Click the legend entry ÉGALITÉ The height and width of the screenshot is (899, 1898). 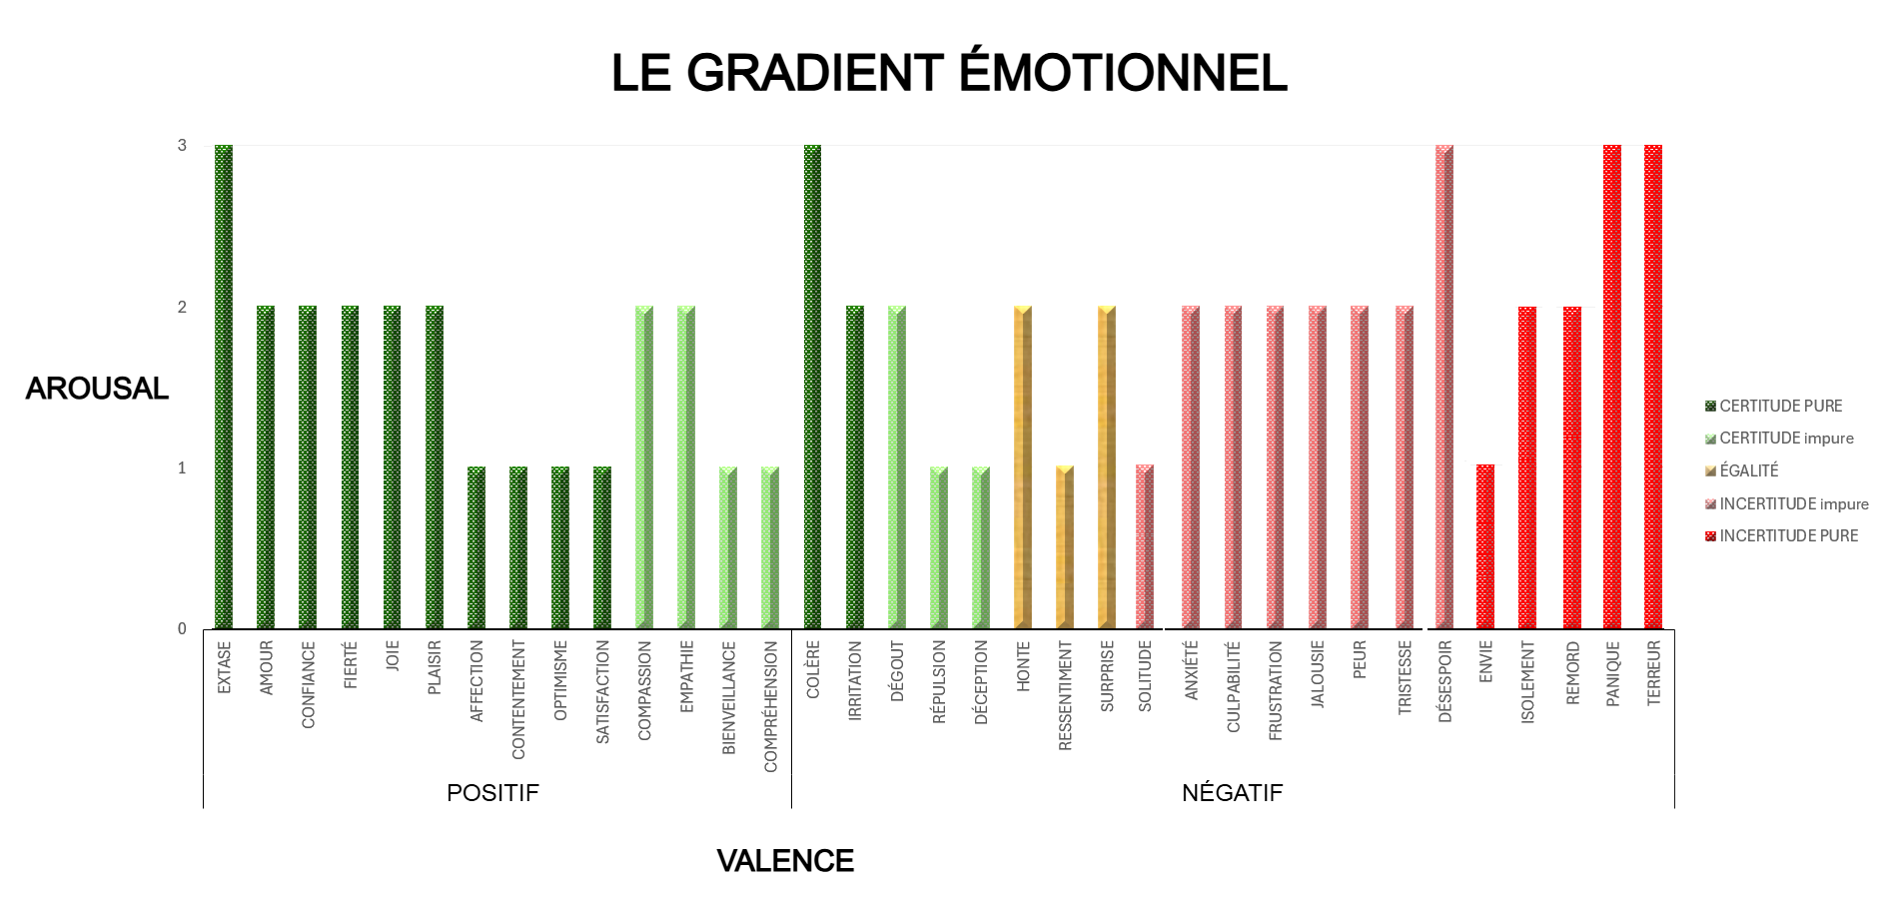pos(1748,470)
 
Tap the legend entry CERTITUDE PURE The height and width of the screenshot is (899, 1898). pos(1780,406)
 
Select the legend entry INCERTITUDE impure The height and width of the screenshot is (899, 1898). pos(1793,503)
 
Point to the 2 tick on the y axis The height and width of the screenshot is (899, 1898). pos(182,307)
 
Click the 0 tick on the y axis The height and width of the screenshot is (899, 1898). pos(182,628)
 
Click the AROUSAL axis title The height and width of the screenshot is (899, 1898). pos(97,389)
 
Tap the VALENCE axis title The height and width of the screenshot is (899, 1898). pos(785,861)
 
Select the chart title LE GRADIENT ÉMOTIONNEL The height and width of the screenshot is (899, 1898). pos(949,73)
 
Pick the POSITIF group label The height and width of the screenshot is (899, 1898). pos(492,793)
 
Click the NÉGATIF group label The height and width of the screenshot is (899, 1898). pos(1232,793)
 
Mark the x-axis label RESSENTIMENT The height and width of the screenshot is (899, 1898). pos(1065,696)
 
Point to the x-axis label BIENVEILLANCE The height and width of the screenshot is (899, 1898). pos(729,698)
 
